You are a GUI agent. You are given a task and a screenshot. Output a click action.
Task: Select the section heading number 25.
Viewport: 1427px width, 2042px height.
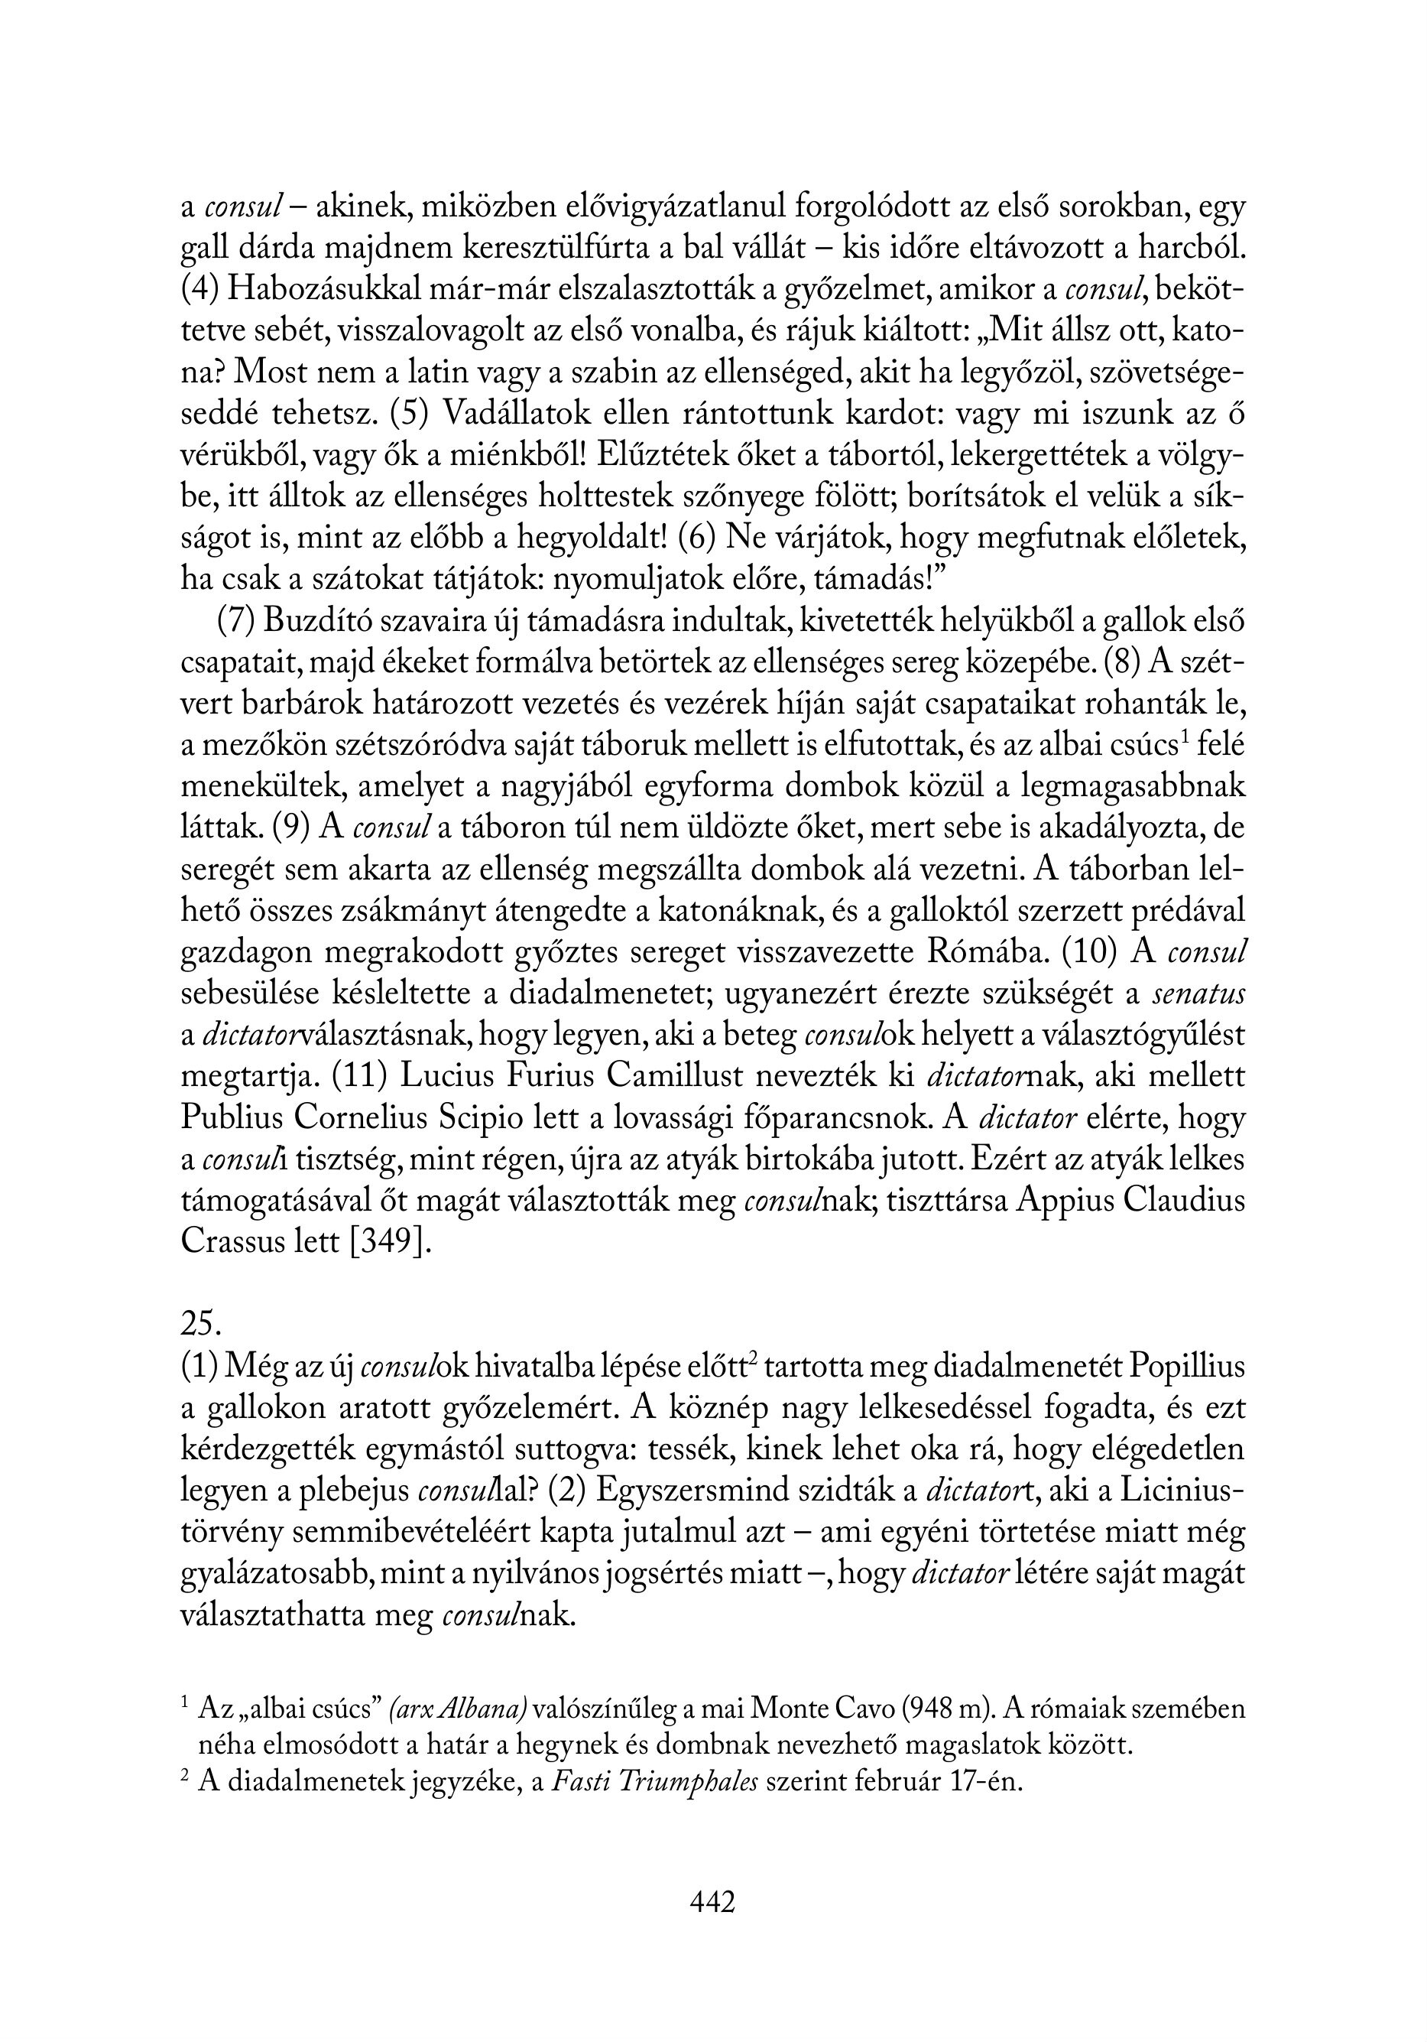200,1323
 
